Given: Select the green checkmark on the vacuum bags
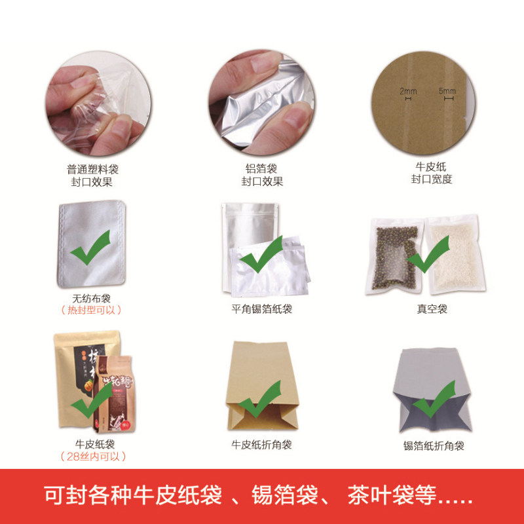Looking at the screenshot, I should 430,254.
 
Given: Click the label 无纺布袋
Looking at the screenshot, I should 91,297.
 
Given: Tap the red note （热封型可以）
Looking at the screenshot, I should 91,310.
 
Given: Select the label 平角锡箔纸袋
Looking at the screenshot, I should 261,309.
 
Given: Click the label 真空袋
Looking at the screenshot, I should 432,309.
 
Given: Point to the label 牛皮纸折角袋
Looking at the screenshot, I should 261,445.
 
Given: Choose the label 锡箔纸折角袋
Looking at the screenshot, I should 434,446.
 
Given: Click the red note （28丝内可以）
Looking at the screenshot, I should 92,457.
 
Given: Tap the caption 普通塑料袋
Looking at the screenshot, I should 92,168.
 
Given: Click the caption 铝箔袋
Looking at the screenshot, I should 262,168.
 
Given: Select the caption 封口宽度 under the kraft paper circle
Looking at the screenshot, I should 432,179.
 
